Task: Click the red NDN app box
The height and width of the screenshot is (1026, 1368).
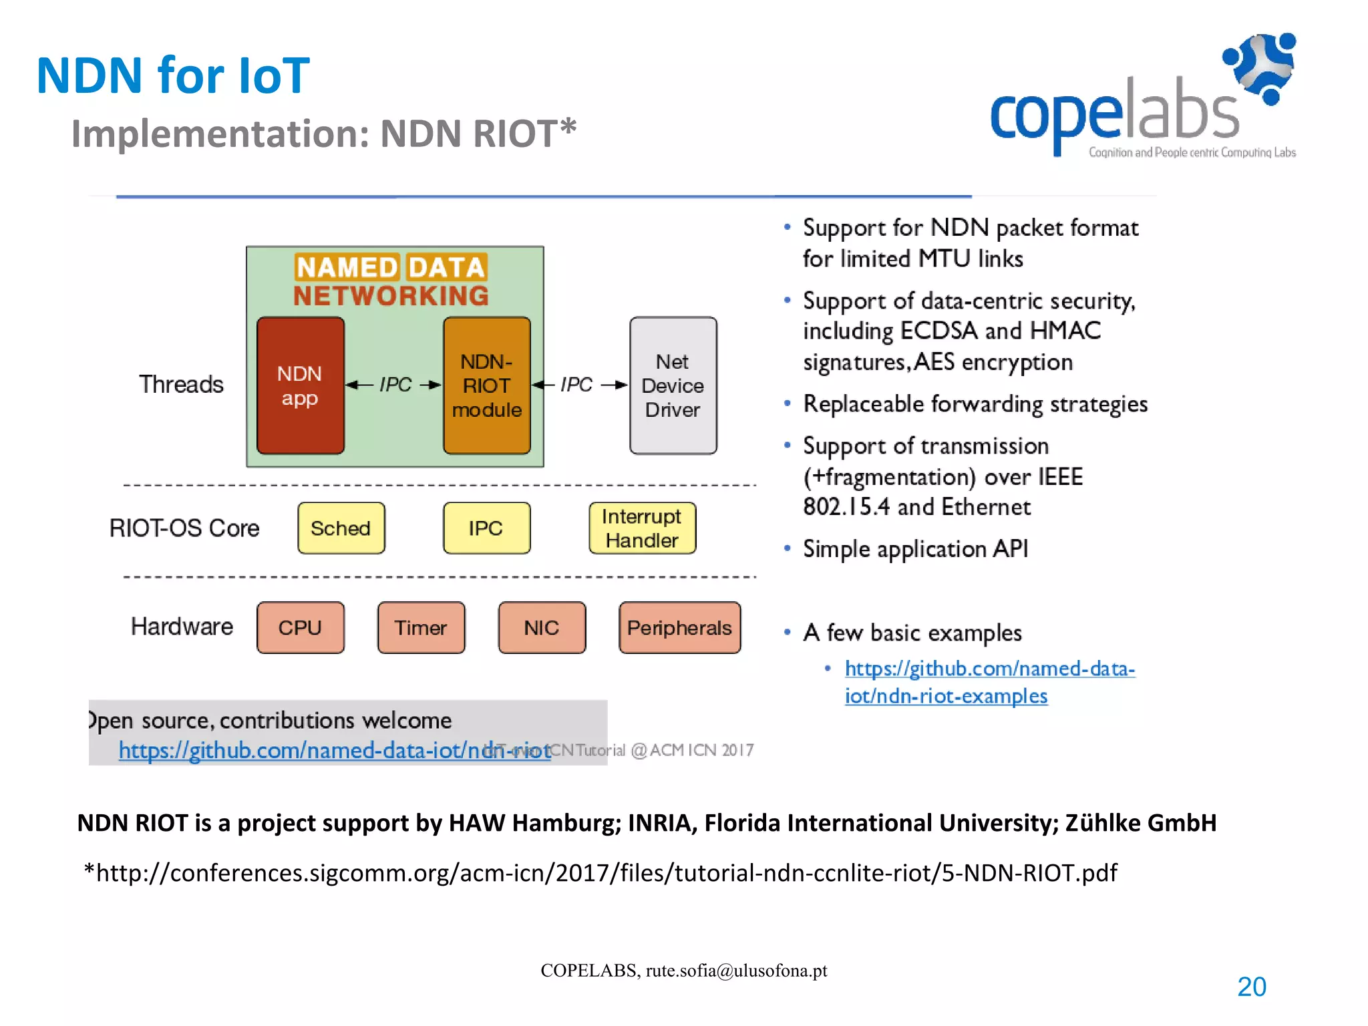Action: pos(300,385)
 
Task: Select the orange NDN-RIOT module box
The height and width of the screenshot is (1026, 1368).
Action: pos(486,385)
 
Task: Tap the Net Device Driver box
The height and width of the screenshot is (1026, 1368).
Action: pos(673,385)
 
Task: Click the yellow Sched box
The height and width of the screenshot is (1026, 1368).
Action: pos(341,528)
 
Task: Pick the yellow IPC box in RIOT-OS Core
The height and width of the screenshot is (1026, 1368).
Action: pos(486,528)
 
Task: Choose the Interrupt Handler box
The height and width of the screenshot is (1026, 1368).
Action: pos(642,528)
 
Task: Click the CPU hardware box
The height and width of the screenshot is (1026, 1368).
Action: pos(300,628)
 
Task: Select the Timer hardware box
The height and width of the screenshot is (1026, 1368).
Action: pos(421,628)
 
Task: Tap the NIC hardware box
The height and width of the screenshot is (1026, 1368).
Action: pos(542,628)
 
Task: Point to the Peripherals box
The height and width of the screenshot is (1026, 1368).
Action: pos(679,628)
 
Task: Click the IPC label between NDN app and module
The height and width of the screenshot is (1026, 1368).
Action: pos(395,385)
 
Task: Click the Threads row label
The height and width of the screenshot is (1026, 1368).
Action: pos(181,385)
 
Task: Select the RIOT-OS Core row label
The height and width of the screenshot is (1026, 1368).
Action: pos(184,528)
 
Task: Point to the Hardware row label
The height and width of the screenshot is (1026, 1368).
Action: pos(182,627)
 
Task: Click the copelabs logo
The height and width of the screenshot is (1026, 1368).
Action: pos(1142,100)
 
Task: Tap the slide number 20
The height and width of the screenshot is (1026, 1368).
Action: pos(1251,987)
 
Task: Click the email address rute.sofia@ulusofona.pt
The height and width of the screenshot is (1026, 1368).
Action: pos(736,971)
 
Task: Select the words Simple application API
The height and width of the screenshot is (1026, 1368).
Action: pos(915,549)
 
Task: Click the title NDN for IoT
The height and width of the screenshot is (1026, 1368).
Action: pos(173,75)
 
